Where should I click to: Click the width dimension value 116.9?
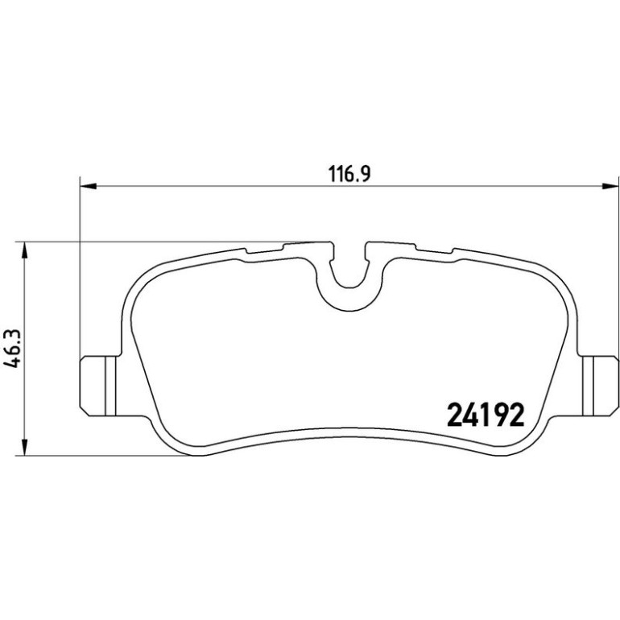pyautogui.click(x=349, y=174)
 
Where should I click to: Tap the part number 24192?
pyautogui.click(x=486, y=415)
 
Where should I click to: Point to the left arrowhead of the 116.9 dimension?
pyautogui.click(x=89, y=185)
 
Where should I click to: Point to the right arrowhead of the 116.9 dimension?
pyautogui.click(x=610, y=185)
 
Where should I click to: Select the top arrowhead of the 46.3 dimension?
pyautogui.click(x=25, y=250)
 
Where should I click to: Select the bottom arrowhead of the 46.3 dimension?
pyautogui.click(x=25, y=447)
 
